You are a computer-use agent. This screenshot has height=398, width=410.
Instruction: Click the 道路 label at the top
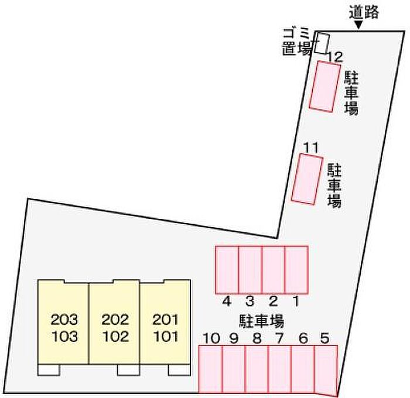(x=364, y=12)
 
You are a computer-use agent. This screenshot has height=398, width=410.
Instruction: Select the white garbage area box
(x=322, y=43)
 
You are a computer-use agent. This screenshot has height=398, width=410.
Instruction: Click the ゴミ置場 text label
(x=297, y=42)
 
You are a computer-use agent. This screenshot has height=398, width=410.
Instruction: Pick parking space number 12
(x=324, y=87)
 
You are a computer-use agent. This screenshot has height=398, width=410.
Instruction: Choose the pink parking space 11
(x=307, y=179)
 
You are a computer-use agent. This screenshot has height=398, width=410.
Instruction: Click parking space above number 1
(x=296, y=270)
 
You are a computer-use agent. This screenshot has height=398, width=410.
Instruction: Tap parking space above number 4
(x=227, y=270)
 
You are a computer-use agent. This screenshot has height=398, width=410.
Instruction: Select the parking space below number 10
(x=210, y=369)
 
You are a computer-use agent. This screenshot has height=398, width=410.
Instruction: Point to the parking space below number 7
(x=280, y=369)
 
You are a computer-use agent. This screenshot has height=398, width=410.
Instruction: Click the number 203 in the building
(x=64, y=320)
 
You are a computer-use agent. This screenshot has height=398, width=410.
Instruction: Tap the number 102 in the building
(x=115, y=337)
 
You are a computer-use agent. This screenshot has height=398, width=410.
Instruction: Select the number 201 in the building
(x=165, y=320)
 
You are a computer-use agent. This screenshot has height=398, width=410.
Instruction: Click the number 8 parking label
(x=257, y=338)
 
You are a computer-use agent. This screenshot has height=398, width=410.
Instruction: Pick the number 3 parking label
(x=250, y=301)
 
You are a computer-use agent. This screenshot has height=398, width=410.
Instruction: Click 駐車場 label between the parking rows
(x=261, y=321)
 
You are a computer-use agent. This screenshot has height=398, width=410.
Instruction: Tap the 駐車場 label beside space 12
(x=351, y=93)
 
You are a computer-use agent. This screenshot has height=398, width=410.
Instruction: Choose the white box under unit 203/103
(x=49, y=370)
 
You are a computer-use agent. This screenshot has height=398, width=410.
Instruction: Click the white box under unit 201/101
(x=179, y=370)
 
